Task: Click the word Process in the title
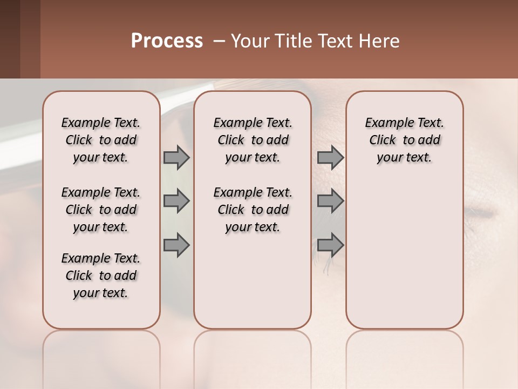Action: [167, 41]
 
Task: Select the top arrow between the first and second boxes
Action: [176, 157]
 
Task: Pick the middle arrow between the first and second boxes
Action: [176, 201]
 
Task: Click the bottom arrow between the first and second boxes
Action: [176, 245]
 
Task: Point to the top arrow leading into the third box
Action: [330, 157]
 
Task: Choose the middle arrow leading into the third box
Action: [330, 201]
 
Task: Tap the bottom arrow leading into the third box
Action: [330, 245]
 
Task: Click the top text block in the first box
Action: [101, 140]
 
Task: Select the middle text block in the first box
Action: [101, 210]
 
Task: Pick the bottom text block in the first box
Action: [101, 276]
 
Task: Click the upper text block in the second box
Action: [253, 140]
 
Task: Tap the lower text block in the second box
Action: [253, 210]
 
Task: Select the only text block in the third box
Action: [405, 140]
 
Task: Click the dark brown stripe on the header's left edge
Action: [10, 39]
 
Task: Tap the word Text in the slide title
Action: [333, 41]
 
